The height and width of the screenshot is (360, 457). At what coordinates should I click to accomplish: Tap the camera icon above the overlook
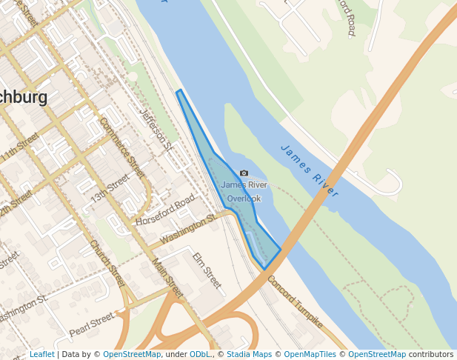point(244,173)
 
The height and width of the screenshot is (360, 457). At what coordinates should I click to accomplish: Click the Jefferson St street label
point(156,130)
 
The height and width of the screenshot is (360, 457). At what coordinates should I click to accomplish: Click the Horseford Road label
point(164,210)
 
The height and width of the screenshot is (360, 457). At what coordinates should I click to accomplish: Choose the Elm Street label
point(207,270)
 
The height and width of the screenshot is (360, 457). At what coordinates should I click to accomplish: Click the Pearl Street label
point(91,324)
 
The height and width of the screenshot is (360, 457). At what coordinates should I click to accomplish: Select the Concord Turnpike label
point(295,302)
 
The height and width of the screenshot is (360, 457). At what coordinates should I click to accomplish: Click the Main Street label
point(167,277)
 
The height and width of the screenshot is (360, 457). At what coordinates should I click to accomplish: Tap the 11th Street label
point(20,148)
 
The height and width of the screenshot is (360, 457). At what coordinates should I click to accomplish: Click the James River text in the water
point(310,170)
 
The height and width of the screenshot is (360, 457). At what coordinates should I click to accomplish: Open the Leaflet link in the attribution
point(41,355)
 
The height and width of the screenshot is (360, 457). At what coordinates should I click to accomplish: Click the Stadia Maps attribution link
point(249,355)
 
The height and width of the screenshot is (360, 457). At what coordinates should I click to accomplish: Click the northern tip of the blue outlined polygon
point(179,92)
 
